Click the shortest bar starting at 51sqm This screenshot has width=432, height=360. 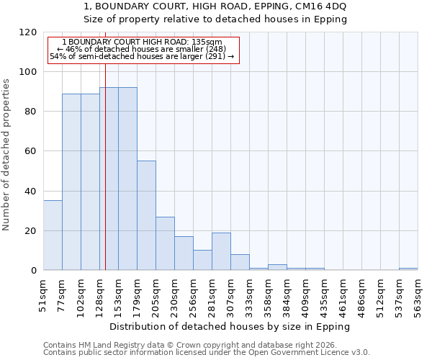tap(53, 235)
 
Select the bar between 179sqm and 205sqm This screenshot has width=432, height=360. tap(146, 215)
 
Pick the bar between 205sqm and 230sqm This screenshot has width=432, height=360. tap(165, 243)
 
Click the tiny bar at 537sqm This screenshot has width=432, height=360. tap(408, 269)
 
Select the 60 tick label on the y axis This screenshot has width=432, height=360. tap(32, 151)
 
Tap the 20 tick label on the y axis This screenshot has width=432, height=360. tap(32, 231)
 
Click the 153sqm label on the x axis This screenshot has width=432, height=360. tap(118, 293)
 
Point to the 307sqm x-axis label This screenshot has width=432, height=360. tap(230, 293)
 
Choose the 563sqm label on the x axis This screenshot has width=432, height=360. tap(418, 293)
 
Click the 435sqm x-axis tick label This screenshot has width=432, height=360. tap(324, 293)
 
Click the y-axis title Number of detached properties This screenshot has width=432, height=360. tap(6, 155)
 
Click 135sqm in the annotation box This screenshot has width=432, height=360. tap(207, 42)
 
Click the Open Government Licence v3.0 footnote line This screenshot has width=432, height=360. tap(207, 352)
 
